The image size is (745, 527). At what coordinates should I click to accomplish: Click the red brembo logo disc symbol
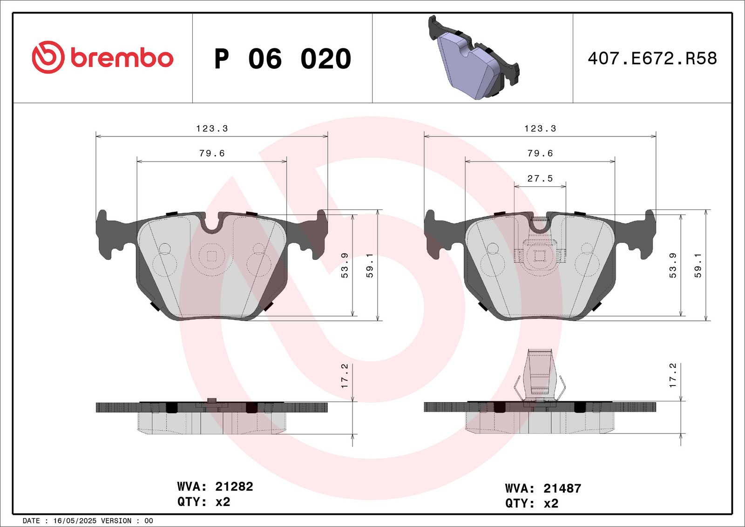[x=48, y=57]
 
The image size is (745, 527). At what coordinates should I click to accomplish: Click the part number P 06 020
[x=283, y=59]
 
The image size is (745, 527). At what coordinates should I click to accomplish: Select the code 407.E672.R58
[x=652, y=59]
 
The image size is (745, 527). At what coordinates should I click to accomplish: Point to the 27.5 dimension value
[x=540, y=179]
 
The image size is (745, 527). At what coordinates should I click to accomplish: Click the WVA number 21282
[x=234, y=486]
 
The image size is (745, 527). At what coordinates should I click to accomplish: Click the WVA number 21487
[x=562, y=488]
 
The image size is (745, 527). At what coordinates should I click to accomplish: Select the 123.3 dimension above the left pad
[x=212, y=128]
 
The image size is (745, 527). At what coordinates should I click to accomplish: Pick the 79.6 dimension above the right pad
[x=540, y=153]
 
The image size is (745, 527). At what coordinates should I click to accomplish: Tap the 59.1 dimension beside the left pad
[x=370, y=265]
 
